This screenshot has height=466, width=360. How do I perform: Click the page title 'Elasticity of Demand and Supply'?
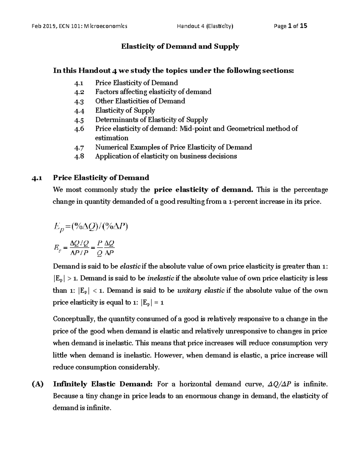click(x=180, y=47)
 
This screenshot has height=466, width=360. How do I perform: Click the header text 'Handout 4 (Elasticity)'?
click(x=205, y=26)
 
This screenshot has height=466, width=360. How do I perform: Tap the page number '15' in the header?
click(x=303, y=26)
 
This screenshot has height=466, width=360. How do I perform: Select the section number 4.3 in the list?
click(x=79, y=101)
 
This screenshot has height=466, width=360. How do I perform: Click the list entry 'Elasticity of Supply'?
click(x=125, y=110)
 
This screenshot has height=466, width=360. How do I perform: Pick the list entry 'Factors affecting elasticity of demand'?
click(x=153, y=92)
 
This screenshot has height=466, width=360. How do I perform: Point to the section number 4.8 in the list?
click(x=79, y=157)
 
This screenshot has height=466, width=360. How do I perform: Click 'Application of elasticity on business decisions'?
click(x=166, y=156)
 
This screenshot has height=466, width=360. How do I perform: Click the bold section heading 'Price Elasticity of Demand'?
click(x=101, y=178)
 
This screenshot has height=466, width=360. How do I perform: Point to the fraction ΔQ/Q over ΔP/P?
click(x=79, y=247)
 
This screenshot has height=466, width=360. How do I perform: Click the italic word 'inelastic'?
click(x=161, y=278)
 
